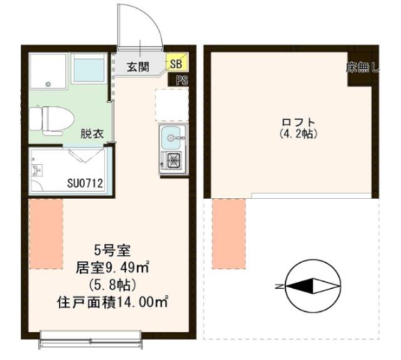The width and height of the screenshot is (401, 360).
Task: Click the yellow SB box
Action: point(177,61)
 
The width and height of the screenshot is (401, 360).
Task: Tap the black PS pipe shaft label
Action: point(178,80)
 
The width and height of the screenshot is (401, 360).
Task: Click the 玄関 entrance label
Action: point(138,67)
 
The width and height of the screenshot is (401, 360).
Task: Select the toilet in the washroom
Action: point(51,120)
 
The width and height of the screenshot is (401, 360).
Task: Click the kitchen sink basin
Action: point(170,138)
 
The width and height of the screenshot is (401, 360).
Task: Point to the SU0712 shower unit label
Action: point(85,183)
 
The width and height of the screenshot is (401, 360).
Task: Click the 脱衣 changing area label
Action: point(92,133)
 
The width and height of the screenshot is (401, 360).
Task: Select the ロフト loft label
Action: point(298,122)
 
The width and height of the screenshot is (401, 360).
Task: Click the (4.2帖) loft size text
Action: point(298,133)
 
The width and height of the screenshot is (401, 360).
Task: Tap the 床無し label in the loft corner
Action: point(363,68)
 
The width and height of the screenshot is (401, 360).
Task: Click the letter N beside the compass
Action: point(278,286)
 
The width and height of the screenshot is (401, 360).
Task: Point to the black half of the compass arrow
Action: point(302,285)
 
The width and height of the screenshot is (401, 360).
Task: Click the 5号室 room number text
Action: point(113,250)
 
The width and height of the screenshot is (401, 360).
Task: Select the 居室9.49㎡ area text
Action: point(113,268)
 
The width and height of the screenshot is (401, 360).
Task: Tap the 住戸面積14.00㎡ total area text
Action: point(113,302)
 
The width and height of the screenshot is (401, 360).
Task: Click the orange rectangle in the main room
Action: point(46,234)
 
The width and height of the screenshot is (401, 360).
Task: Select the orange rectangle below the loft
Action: point(229,234)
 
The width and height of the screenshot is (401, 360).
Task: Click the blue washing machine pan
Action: point(88,68)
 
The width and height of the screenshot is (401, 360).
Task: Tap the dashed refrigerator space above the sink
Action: point(172,105)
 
